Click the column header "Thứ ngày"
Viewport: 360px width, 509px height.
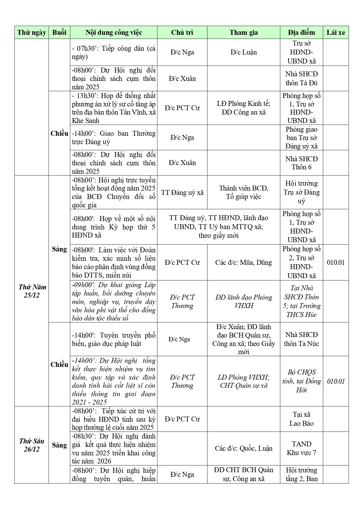32,32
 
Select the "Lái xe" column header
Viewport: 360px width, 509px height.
336,32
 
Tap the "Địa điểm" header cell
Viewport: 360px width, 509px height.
301,32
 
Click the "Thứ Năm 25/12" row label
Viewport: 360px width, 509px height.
32,291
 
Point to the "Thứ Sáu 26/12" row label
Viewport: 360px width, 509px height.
32,445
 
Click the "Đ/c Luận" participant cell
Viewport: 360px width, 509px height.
244,52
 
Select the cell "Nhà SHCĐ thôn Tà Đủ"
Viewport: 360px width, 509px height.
301,78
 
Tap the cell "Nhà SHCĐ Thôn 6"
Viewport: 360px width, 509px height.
301,163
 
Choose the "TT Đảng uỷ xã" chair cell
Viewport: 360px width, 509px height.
182,193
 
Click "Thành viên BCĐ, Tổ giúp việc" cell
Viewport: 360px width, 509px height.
244,193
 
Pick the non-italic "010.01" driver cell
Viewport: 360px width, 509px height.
336,262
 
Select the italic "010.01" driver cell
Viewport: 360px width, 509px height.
336,381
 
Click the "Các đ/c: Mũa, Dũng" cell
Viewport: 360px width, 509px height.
244,262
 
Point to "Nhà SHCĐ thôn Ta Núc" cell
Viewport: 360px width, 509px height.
301,339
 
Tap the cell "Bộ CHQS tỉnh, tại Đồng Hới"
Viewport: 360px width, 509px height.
301,381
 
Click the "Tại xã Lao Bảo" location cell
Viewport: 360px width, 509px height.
301,419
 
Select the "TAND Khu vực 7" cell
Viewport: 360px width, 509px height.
301,448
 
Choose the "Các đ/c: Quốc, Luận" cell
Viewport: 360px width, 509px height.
244,448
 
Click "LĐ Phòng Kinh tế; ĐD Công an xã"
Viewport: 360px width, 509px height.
244,108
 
